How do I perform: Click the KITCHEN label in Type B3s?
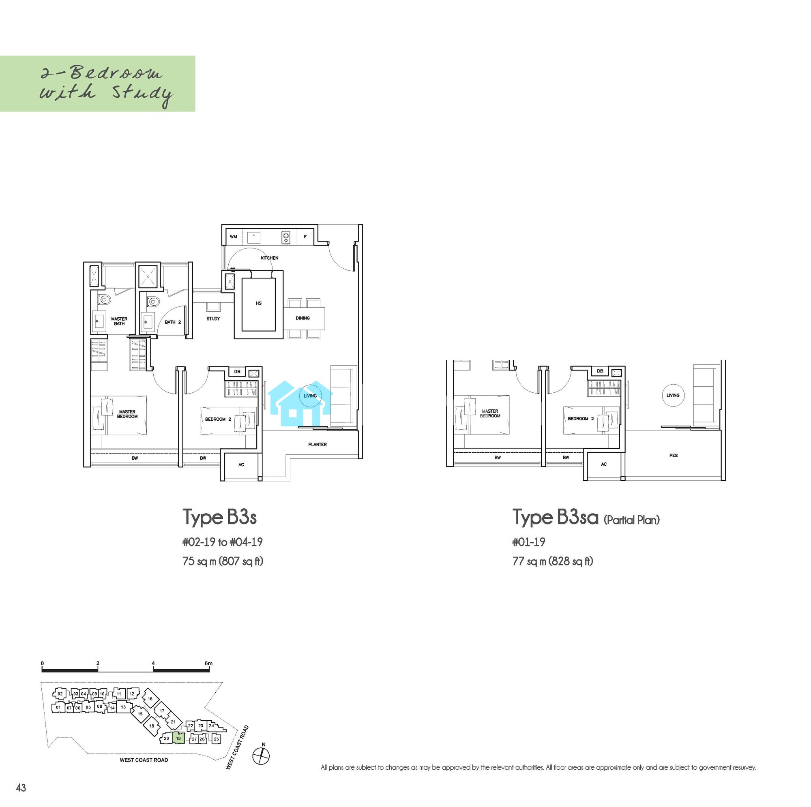[269, 258]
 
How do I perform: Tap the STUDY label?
[213, 319]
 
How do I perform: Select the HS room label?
[259, 303]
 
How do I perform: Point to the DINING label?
[303, 318]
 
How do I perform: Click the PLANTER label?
[318, 444]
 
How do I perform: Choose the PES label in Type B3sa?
[673, 455]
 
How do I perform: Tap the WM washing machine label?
[234, 237]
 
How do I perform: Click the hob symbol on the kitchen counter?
[285, 238]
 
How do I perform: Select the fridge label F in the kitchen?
[305, 237]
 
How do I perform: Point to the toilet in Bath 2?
[153, 300]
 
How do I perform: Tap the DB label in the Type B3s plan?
[237, 371]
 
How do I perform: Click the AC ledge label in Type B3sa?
[604, 464]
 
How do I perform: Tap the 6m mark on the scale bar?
[208, 664]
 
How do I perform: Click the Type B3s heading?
[219, 518]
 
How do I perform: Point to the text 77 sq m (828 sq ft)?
[553, 561]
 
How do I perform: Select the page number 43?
[21, 788]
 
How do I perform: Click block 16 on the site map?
[150, 699]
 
